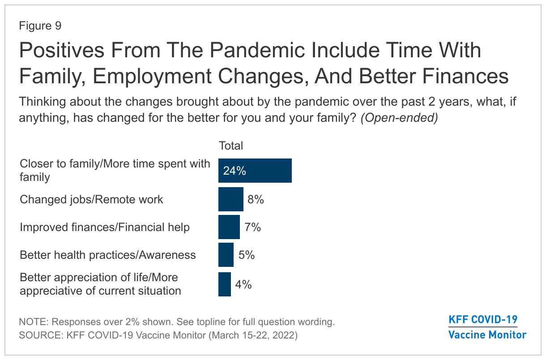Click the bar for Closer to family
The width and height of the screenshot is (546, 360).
(255, 171)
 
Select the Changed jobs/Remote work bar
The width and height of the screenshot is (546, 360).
(231, 199)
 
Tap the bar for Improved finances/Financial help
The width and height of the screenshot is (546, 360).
(229, 227)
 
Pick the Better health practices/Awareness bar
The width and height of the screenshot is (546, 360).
(226, 255)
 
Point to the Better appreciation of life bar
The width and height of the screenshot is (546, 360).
(225, 284)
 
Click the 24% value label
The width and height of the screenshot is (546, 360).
(235, 171)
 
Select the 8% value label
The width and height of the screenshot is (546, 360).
(256, 200)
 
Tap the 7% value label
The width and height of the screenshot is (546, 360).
(252, 227)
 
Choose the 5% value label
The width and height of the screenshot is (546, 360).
(247, 255)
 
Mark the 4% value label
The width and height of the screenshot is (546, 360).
(243, 285)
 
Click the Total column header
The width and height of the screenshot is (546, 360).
(231, 146)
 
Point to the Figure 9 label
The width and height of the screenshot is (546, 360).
(40, 26)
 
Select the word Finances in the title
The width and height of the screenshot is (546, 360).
(465, 76)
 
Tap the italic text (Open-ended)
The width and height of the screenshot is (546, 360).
(399, 118)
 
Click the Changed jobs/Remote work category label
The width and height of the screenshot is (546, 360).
(91, 200)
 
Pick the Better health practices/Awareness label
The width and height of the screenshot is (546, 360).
(108, 255)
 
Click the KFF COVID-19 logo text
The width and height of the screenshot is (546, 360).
(483, 320)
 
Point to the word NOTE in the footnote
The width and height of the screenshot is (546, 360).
(34, 322)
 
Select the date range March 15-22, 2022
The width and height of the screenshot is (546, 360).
(253, 335)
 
